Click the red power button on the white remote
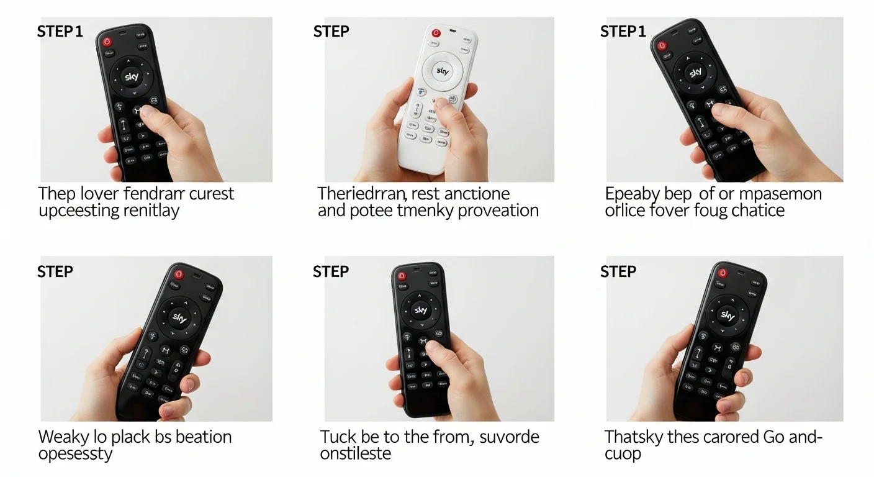click(435, 34)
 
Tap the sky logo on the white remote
click(443, 71)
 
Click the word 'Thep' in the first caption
click(57, 194)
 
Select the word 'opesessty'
click(76, 453)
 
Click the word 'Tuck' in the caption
click(338, 437)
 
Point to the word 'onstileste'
click(356, 453)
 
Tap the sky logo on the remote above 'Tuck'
click(421, 310)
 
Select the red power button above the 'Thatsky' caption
click(722, 273)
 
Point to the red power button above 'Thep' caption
click(107, 42)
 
